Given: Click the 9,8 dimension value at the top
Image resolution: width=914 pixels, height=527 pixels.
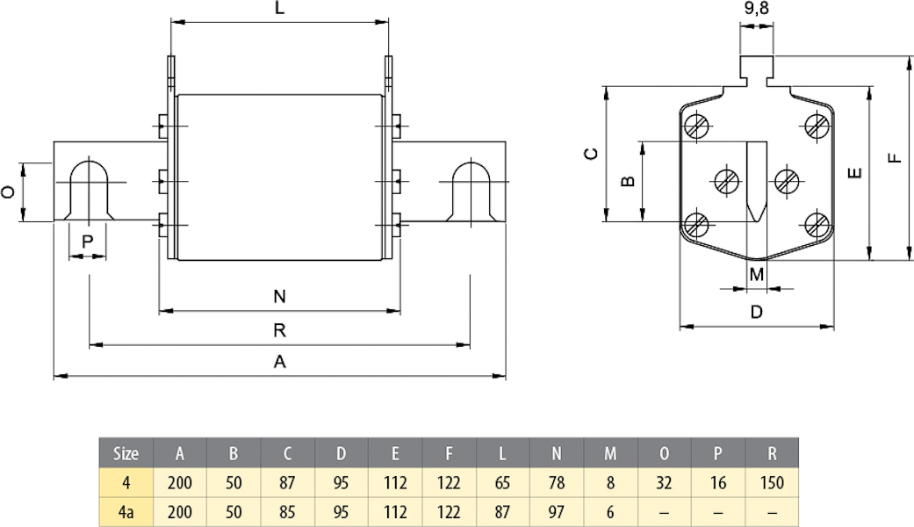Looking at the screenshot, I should point(756,11).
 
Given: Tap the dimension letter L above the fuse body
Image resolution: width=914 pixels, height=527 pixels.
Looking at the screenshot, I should point(279,10).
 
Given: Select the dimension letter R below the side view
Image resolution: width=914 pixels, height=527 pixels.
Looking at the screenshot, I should point(279,330).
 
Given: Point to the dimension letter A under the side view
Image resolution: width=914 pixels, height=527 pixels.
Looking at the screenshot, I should point(279,361).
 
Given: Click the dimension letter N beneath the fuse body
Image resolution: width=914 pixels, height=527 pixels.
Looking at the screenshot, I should point(279,297).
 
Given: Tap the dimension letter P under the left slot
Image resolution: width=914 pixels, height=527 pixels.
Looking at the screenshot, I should point(87,241).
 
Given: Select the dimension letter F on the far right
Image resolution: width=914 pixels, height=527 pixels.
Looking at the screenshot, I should point(894,158).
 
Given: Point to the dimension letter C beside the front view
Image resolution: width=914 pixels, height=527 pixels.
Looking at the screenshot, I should point(592,154).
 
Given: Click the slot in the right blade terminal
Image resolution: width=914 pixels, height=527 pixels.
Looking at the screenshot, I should point(471,191).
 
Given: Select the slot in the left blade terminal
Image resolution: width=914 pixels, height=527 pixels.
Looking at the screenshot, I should point(88,191).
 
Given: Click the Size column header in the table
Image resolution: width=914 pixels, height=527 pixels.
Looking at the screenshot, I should point(126,453).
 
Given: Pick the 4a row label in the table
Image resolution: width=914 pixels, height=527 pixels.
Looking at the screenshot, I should point(126,511).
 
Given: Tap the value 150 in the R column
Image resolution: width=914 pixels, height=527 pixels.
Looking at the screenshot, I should point(771,482).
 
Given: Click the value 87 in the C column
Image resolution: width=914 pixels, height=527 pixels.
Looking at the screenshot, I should point(287,482).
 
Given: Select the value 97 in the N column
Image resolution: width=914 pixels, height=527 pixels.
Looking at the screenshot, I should point(556,511).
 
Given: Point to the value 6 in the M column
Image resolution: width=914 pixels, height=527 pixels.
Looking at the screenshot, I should point(609,511).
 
